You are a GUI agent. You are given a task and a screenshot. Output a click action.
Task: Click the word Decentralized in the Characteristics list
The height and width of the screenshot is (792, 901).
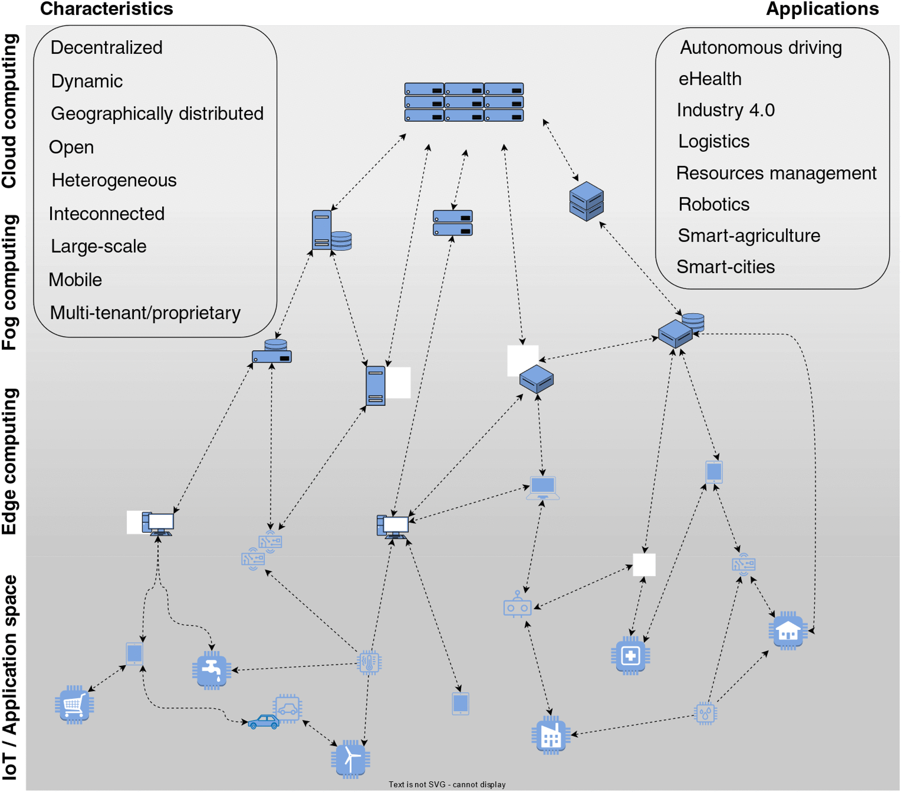click(x=106, y=48)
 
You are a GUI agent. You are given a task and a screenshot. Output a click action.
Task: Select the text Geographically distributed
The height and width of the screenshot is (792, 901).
click(x=157, y=114)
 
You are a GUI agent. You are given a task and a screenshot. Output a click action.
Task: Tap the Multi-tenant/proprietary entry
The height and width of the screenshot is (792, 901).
click(x=145, y=313)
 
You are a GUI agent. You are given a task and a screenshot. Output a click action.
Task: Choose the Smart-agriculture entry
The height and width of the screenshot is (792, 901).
click(x=748, y=236)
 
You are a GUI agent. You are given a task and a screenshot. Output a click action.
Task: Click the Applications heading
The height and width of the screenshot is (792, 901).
click(x=822, y=9)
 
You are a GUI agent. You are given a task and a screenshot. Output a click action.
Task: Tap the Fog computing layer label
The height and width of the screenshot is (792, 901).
click(x=10, y=282)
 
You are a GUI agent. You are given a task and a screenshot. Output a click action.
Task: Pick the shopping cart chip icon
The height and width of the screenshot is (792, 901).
click(x=74, y=704)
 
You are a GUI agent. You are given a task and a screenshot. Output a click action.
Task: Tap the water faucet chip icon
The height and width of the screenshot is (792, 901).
click(x=212, y=670)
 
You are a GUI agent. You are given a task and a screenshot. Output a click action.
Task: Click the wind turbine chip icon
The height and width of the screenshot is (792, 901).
click(x=350, y=759)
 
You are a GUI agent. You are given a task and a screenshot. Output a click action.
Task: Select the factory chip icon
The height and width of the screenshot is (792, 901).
click(x=551, y=735)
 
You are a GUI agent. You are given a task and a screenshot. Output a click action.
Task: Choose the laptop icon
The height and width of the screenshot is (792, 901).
click(x=543, y=488)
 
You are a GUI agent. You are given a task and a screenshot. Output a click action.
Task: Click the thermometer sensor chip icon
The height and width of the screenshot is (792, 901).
click(x=369, y=662)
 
